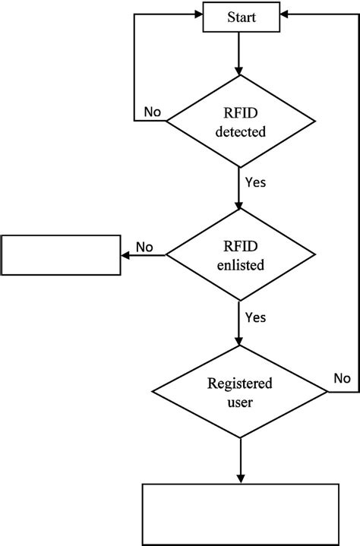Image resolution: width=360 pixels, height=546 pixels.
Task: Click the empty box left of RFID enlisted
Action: [62, 255]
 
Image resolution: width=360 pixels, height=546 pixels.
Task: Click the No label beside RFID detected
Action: [152, 112]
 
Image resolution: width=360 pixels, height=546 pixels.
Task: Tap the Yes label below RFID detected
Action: [256, 182]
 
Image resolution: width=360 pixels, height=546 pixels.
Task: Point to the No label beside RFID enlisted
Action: [144, 247]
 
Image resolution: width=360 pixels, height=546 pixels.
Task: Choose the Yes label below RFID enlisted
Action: [256, 317]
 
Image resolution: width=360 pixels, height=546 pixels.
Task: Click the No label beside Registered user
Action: [343, 377]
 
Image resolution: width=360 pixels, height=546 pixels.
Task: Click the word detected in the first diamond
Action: [240, 131]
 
